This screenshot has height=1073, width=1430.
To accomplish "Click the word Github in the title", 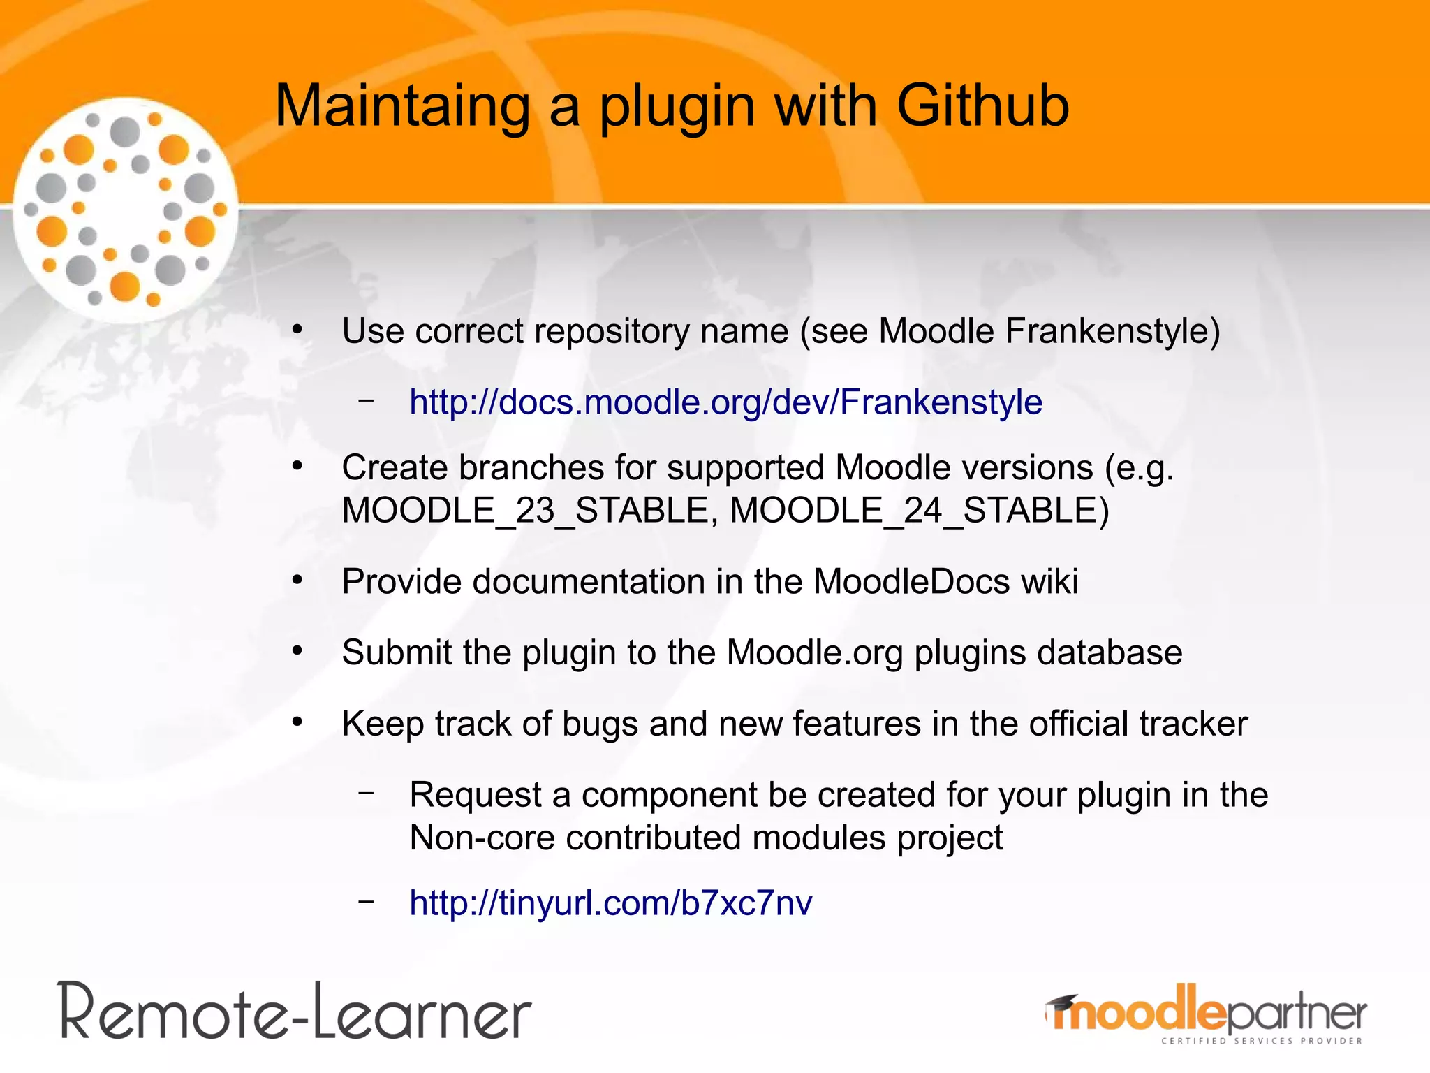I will (982, 106).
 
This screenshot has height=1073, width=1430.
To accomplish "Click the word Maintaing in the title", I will (402, 106).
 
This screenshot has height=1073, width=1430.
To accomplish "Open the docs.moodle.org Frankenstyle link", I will (725, 402).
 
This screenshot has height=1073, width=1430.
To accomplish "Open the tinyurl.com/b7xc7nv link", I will (610, 903).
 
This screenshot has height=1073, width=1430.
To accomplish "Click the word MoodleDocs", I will (911, 581).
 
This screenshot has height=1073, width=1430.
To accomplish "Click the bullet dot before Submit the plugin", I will (297, 651).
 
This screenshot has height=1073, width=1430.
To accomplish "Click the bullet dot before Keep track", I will (297, 722).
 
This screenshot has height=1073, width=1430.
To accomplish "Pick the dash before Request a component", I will (366, 793).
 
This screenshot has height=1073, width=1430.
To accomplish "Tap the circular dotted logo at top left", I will (126, 210).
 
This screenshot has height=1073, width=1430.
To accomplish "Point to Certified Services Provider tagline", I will (1261, 1041).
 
